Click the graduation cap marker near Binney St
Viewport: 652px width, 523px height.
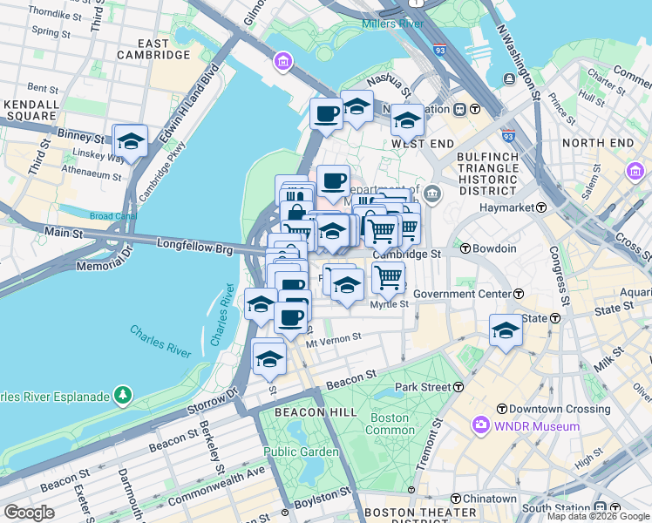131,141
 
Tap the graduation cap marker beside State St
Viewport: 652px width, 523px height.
506,330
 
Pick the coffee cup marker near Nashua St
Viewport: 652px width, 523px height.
327,113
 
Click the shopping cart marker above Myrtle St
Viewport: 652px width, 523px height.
388,278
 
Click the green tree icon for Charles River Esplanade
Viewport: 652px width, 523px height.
123,397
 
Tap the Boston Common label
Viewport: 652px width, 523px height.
389,424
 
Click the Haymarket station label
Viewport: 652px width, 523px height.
513,207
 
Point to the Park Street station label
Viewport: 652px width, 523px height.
422,386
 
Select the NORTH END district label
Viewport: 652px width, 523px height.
597,142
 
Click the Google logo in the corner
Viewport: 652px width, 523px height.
29,513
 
